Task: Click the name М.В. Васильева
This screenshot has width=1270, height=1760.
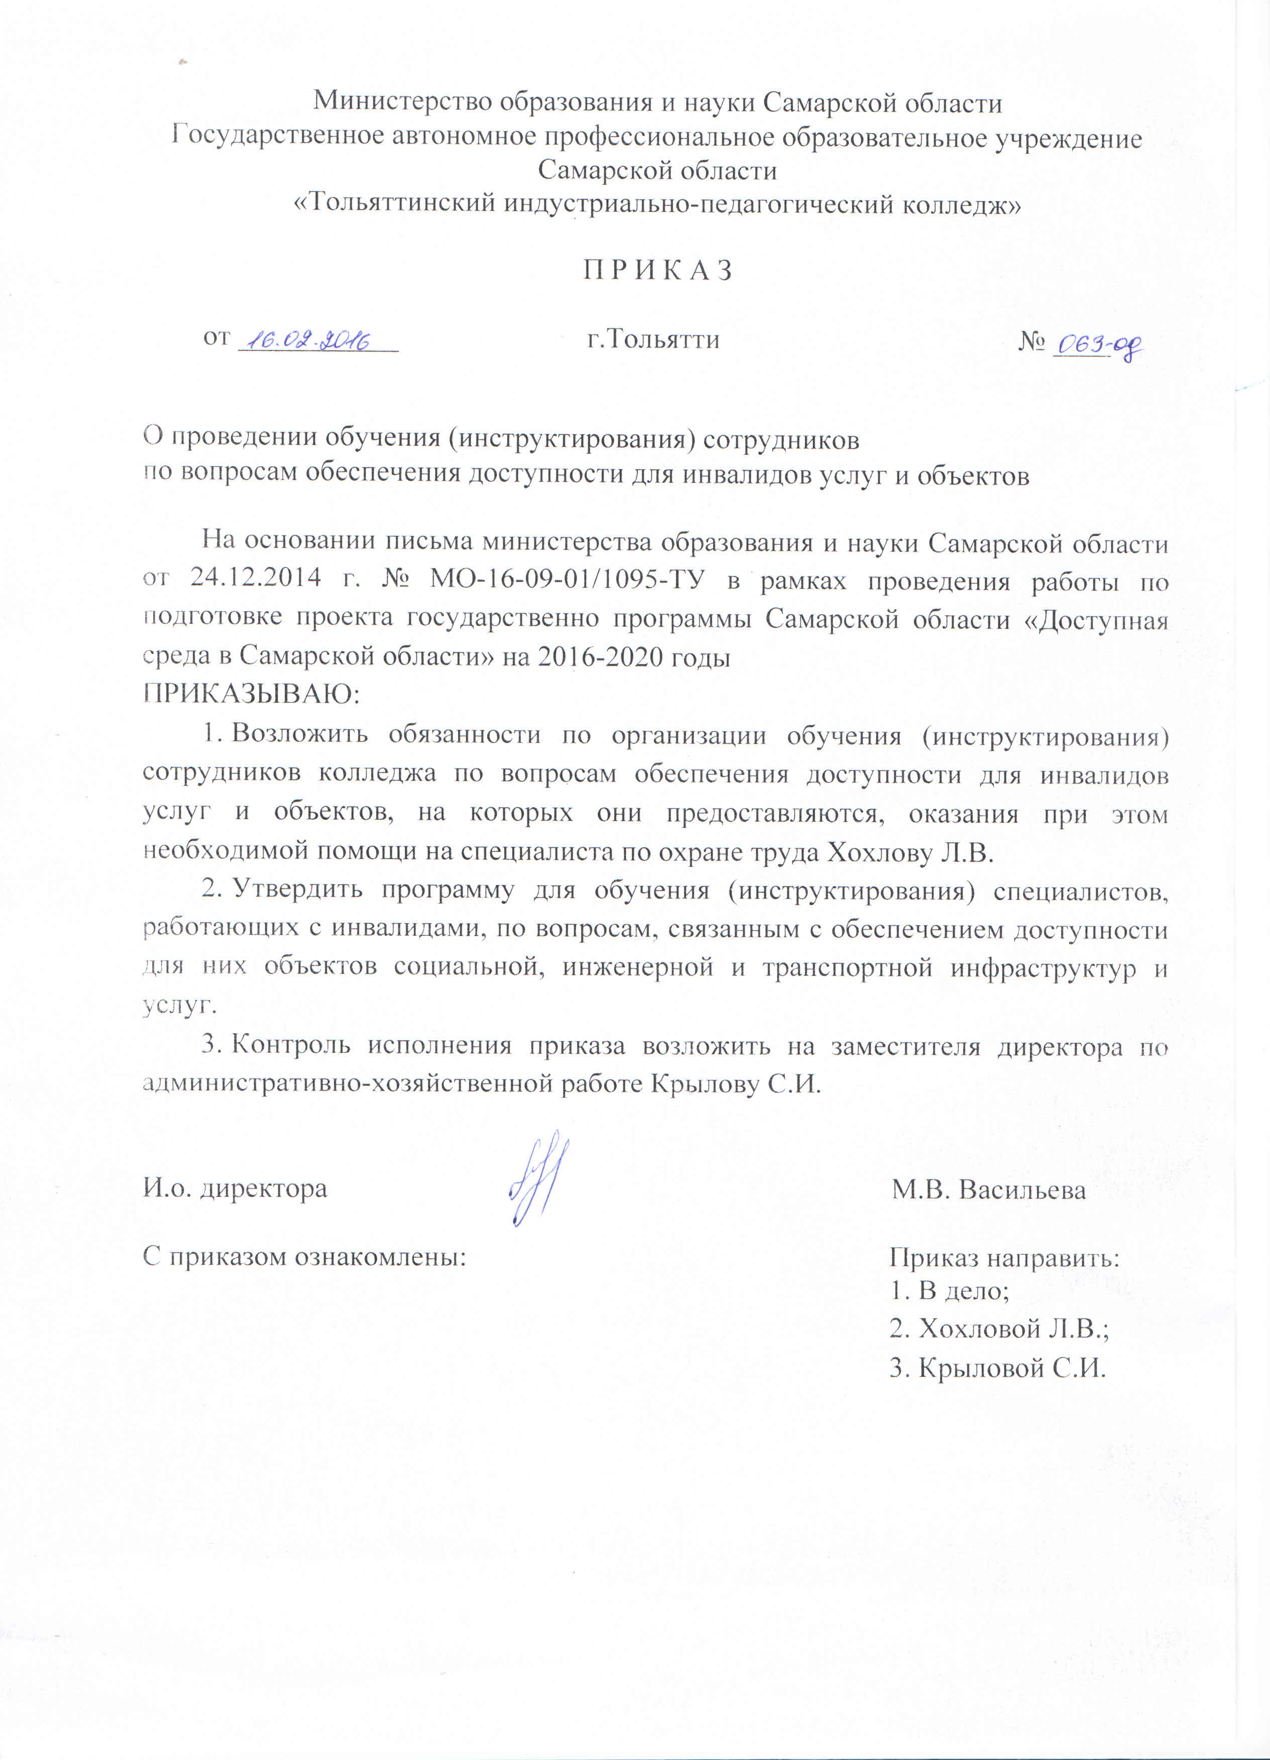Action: [x=988, y=1189]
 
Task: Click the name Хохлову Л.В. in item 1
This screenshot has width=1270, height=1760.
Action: [x=911, y=852]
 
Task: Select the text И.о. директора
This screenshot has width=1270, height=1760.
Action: [x=235, y=1189]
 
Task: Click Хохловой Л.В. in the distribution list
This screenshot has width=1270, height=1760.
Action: [x=999, y=1330]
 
